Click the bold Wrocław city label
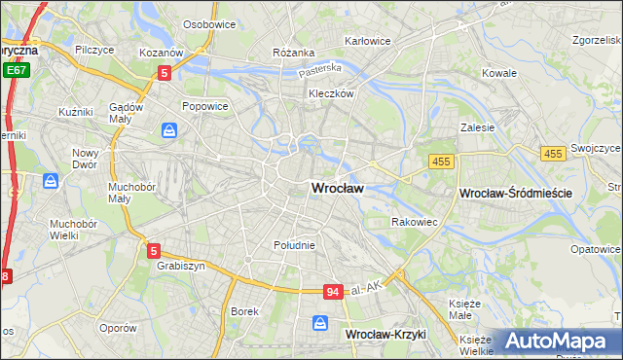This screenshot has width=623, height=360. coord(337,188)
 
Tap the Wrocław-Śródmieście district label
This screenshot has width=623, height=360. coord(515,194)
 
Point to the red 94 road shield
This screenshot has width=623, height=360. coord(334,292)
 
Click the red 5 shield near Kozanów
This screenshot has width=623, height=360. coord(165,72)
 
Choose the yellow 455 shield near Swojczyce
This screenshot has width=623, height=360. coord(554,154)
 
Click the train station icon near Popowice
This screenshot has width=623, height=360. coord(170,129)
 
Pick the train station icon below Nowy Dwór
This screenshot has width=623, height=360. coord(50,181)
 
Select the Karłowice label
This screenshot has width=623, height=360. coord(368,42)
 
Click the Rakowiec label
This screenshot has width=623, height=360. coord(414,222)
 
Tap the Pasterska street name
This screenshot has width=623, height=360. coord(320,69)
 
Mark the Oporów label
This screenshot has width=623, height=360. coord(118,328)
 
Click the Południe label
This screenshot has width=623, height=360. coord(294,245)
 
